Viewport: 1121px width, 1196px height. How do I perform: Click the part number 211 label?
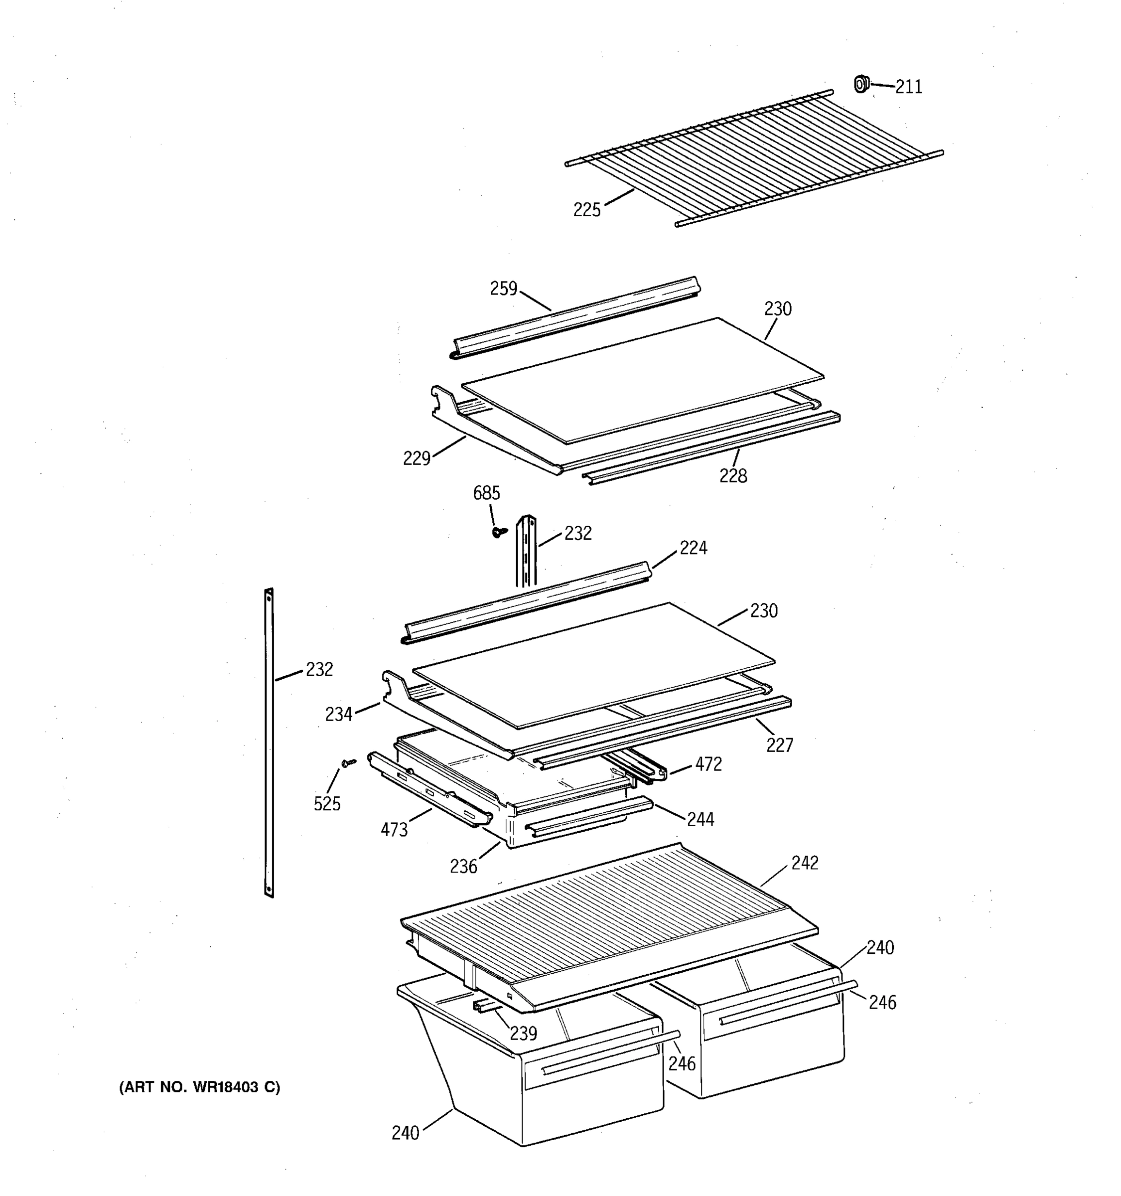(908, 87)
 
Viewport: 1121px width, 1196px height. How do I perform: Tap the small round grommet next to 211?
(861, 85)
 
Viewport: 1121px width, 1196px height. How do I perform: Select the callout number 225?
(586, 210)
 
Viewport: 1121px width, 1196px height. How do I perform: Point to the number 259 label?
(503, 289)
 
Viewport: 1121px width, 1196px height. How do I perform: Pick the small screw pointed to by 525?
(347, 763)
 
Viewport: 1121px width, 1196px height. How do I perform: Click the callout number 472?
(708, 764)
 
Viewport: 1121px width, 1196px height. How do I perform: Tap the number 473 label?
(394, 830)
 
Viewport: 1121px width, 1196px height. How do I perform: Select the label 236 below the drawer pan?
(463, 866)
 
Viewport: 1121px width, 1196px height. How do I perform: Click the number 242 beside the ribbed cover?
(804, 863)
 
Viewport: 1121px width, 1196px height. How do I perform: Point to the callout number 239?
(523, 1034)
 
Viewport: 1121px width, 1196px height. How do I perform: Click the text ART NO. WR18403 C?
(200, 1087)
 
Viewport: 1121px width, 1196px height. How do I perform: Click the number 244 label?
(700, 819)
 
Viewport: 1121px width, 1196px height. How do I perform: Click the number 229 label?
(416, 458)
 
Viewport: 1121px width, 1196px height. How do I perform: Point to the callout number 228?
(732, 476)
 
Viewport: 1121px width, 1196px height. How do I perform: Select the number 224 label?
(693, 548)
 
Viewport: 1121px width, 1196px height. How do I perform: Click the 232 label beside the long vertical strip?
(319, 669)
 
